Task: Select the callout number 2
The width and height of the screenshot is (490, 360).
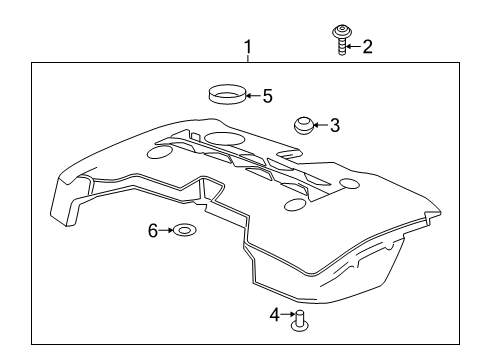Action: (x=367, y=46)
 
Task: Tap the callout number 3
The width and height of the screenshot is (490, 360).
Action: (x=335, y=125)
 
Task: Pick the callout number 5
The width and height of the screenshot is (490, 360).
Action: (x=266, y=97)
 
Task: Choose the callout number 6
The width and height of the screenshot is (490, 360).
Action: (x=154, y=231)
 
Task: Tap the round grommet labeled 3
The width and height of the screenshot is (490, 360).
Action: (x=303, y=125)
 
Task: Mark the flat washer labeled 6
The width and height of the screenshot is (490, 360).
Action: (x=182, y=232)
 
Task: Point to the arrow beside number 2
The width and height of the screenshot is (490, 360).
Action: (x=354, y=46)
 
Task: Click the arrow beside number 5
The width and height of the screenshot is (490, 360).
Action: (x=253, y=97)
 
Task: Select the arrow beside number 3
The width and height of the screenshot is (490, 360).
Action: (x=322, y=125)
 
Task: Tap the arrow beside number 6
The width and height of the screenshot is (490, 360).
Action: (x=167, y=231)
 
